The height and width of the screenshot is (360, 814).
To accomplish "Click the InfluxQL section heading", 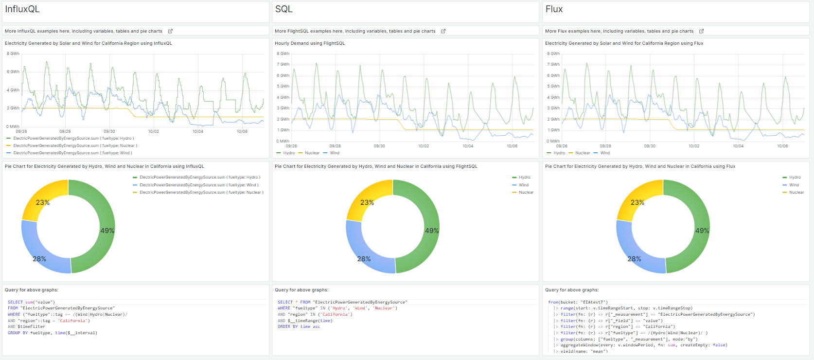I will point(22,9).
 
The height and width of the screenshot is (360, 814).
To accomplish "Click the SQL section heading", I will point(283,9).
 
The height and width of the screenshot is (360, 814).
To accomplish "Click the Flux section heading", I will point(554,9).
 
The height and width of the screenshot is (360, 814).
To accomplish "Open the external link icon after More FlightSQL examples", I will point(443,31).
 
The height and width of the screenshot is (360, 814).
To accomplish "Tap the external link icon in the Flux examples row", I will point(701,31).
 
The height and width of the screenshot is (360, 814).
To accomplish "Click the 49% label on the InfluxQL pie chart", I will point(107,231).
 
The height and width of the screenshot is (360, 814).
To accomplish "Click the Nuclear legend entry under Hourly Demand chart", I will point(312,153).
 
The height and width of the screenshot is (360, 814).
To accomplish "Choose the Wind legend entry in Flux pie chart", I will point(794,185).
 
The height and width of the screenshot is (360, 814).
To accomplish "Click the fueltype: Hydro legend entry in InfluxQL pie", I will point(199,177).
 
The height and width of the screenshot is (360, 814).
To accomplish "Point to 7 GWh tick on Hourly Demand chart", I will point(283,64).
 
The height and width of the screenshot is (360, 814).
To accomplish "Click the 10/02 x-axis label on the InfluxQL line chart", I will point(154,131).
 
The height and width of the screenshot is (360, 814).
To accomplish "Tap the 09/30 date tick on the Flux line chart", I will point(650,146).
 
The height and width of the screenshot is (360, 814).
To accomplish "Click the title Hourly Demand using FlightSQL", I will point(310,43).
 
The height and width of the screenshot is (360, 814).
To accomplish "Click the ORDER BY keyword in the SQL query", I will point(284,326).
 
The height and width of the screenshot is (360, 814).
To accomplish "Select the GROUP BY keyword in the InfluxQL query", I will point(18,333).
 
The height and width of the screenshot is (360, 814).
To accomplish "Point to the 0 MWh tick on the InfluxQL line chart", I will point(13,126).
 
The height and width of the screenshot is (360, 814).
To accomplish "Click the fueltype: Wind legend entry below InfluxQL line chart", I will point(73,153).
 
